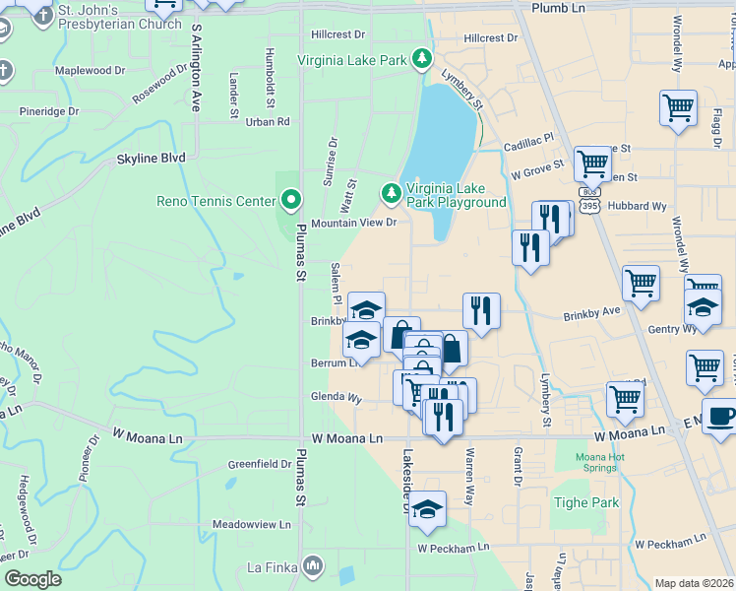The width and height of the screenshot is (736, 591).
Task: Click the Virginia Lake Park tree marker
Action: tap(422, 60)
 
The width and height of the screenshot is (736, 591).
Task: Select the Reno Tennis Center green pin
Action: tap(290, 201)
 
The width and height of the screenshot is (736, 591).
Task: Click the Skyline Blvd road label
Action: tap(151, 158)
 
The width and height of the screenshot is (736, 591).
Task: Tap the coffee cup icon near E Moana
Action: tap(719, 415)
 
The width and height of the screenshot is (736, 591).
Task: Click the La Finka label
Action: tap(273, 566)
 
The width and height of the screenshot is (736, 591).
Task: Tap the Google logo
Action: tap(33, 579)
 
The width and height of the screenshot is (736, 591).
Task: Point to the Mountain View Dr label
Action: tap(353, 224)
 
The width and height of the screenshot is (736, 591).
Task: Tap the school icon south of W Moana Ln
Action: tap(428, 508)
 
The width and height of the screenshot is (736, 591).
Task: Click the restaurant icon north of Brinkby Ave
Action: tap(481, 310)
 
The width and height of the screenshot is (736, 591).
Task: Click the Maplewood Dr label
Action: tap(91, 71)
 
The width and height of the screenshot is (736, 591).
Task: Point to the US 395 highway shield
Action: tap(589, 206)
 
